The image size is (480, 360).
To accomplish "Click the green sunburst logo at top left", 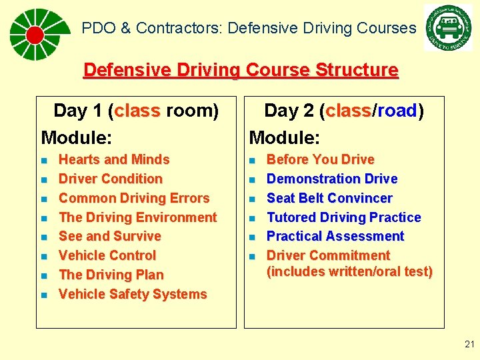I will [39, 34].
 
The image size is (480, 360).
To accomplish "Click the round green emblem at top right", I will [447, 28].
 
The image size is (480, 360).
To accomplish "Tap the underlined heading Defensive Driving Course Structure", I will [240, 70].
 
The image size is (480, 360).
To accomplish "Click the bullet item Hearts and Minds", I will [114, 160].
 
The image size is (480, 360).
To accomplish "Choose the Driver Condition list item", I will [111, 179].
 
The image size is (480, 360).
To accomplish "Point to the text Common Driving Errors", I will [134, 199].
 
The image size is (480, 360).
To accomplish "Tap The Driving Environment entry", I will [138, 218].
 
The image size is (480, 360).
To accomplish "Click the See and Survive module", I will [110, 237].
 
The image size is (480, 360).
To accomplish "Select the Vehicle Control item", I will [107, 256].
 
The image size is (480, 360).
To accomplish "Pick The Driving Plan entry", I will [111, 275].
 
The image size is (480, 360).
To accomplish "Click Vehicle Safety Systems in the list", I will [133, 295].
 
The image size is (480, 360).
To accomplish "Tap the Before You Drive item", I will [320, 160].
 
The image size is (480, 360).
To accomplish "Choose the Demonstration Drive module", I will [332, 179].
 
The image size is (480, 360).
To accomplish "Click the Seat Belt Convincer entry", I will [329, 199].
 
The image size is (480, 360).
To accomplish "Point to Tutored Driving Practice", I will [344, 218].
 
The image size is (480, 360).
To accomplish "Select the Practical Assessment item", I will [335, 237].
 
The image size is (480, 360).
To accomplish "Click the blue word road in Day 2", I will [397, 111].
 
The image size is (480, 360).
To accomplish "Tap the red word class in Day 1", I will [137, 111].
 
